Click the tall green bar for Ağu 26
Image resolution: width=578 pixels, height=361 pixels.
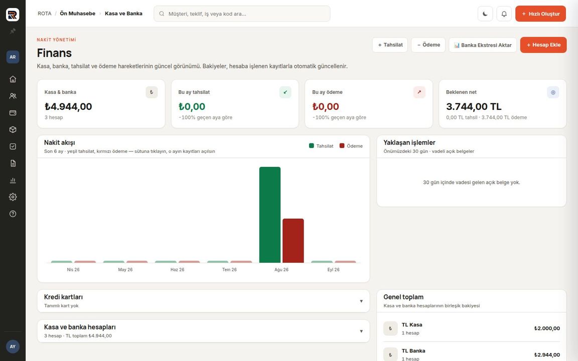[x=270, y=215]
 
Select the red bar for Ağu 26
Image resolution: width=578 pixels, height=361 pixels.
[x=293, y=241]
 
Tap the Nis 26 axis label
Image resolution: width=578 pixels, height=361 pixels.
[x=73, y=270]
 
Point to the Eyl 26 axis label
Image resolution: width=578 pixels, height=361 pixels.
[x=333, y=270]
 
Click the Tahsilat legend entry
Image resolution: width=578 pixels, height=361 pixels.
[x=321, y=146]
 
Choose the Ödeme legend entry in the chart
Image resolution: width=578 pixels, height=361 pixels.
[x=351, y=146]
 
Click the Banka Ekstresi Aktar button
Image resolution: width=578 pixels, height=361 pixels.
[x=483, y=45]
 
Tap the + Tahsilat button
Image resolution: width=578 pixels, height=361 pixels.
[x=390, y=45]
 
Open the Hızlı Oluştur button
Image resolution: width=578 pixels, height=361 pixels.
[x=540, y=14]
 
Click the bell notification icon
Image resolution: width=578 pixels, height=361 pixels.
[x=504, y=14]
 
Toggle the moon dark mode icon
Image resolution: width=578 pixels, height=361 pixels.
[x=485, y=14]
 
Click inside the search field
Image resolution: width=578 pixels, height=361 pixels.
[x=242, y=14]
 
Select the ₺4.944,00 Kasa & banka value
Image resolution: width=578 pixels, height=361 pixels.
[x=68, y=106]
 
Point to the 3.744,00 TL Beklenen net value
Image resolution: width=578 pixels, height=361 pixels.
[x=474, y=106]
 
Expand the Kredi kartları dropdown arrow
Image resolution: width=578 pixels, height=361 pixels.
[x=361, y=301]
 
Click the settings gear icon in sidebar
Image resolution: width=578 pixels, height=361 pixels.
[x=13, y=197]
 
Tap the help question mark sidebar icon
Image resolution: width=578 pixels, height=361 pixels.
[x=13, y=214]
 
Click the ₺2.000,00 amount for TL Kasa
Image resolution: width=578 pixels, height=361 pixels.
[x=547, y=328]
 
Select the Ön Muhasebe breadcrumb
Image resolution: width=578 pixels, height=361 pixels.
[x=77, y=14]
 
